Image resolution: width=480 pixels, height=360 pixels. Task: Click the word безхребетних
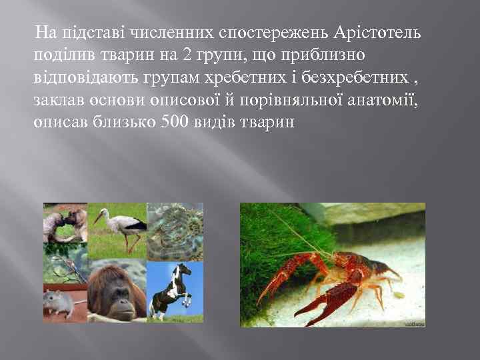coord(364,77)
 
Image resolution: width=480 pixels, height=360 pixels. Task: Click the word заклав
coord(56,100)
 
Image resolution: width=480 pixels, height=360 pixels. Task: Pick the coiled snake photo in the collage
coord(174,230)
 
